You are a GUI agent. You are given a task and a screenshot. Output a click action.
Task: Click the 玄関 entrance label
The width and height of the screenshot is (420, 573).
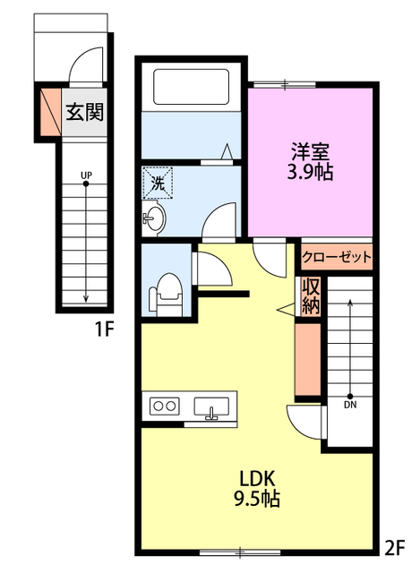(x=84, y=112)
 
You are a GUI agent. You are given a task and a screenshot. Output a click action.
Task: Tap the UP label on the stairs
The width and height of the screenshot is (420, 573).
(x=86, y=175)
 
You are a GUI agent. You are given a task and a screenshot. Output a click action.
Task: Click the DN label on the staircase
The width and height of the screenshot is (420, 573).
(x=350, y=405)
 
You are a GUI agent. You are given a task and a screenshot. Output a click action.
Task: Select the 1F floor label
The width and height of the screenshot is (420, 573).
(x=105, y=329)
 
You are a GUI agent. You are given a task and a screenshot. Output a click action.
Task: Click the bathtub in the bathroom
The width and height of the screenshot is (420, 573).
(x=191, y=87)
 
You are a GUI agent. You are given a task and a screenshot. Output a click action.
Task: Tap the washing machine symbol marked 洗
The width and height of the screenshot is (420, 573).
(x=158, y=183)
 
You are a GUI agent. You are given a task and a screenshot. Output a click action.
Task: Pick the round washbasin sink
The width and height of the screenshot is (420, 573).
(x=154, y=218)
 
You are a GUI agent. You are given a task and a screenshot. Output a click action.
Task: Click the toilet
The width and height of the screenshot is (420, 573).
(x=165, y=295)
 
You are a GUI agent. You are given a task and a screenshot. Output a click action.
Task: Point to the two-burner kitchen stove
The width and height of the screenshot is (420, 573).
(x=164, y=406)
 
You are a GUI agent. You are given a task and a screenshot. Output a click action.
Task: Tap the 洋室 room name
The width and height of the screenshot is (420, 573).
(x=310, y=151)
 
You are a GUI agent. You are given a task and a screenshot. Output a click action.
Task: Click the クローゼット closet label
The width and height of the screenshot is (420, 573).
(x=337, y=258)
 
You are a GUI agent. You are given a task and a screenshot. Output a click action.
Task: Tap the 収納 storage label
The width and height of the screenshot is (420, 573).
(x=311, y=295)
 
